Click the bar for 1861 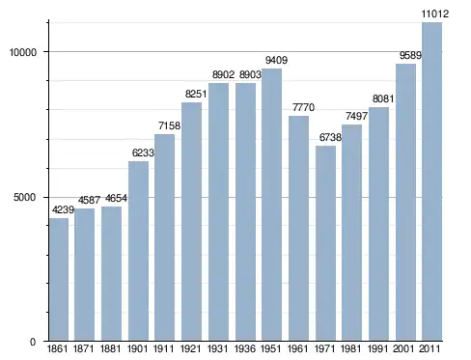point(59,279)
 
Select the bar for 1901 point(138,251)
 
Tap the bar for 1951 point(271,205)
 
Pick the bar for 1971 point(325,243)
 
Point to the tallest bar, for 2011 point(432,181)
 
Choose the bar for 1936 point(245,211)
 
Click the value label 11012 point(435,14)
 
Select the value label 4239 point(63,209)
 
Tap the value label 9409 point(276,60)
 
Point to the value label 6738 point(330,137)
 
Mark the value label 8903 point(250,74)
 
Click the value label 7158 point(169,125)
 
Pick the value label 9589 point(410,55)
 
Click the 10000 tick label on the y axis point(23,52)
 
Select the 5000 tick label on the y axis point(24,197)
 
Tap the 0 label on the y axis point(33,342)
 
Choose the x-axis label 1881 point(110,348)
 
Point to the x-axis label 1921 point(191,348)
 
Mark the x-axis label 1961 point(297,348)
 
